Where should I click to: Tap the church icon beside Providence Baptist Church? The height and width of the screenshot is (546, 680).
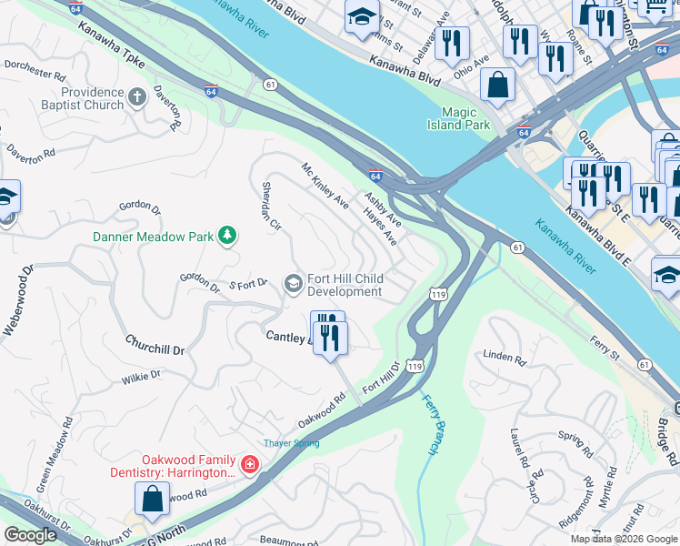click(137, 97)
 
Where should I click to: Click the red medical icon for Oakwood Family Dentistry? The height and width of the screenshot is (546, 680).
click(250, 466)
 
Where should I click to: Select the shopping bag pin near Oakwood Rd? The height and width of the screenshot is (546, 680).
click(152, 499)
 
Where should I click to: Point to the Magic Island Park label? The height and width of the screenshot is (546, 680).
click(460, 117)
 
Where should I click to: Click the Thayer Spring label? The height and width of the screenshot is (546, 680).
click(291, 443)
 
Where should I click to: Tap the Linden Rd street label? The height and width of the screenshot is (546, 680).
click(505, 358)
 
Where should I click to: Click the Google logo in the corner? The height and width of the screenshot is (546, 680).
click(30, 535)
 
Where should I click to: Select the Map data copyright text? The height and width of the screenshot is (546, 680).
click(624, 539)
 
